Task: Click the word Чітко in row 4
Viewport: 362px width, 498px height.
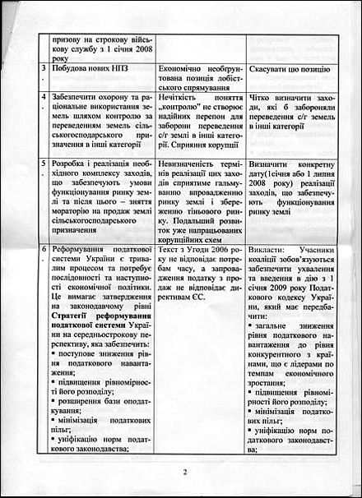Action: coord(264,96)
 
